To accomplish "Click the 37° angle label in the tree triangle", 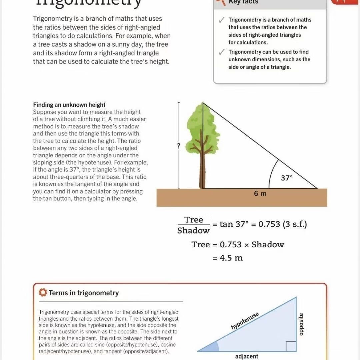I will click(x=286, y=178).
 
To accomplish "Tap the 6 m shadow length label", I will click(x=260, y=193).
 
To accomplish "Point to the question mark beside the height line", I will click(x=179, y=146).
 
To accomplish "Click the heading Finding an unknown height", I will click(x=69, y=105).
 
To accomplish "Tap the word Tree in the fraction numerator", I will click(x=194, y=220).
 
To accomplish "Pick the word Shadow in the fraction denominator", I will click(x=193, y=231).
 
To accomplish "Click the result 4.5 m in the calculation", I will click(x=231, y=258).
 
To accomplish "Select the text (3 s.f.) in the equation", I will click(x=295, y=224).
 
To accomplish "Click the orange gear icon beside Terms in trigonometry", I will click(x=43, y=293).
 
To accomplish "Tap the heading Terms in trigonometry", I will click(x=84, y=293).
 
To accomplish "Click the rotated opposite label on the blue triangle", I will click(x=301, y=324).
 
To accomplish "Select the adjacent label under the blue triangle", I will click(x=247, y=356).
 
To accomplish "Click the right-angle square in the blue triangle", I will click(x=291, y=346).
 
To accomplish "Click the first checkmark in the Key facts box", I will click(x=221, y=20).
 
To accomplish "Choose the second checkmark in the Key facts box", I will click(x=221, y=52).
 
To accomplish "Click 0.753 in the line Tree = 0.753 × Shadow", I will click(x=230, y=244).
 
